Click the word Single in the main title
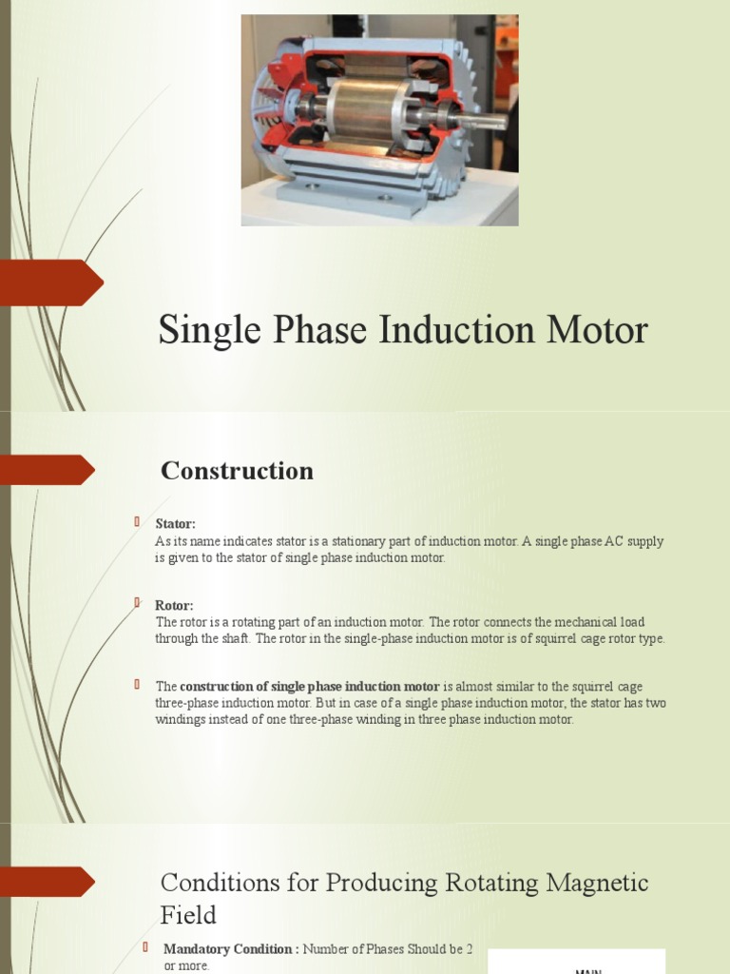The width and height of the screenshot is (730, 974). click(200, 331)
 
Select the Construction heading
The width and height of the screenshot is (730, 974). click(237, 471)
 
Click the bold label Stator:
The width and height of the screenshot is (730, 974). click(175, 524)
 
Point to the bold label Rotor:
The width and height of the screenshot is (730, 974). click(174, 606)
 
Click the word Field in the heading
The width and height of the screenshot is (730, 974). click(188, 915)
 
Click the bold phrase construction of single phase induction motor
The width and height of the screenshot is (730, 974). click(310, 687)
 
